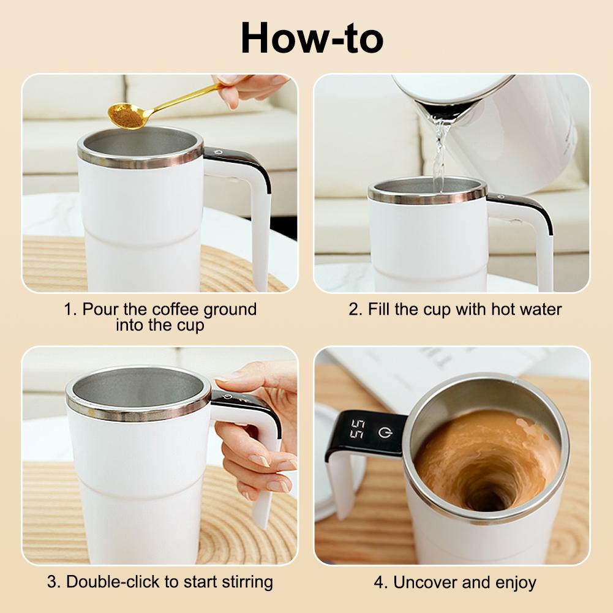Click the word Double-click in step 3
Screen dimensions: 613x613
point(113,581)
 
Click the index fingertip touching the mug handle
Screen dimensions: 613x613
point(224,377)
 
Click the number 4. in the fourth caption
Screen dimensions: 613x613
point(381,582)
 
